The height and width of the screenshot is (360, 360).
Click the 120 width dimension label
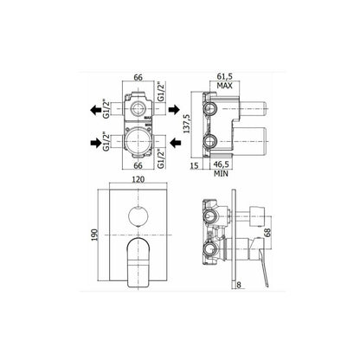[x=138, y=179]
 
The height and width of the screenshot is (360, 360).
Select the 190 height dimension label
[x=95, y=235]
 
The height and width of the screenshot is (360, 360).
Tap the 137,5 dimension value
[x=187, y=124]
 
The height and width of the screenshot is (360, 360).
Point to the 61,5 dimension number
[x=224, y=77]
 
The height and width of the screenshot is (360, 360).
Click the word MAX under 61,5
[x=224, y=86]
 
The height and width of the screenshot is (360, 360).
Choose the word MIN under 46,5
[x=221, y=174]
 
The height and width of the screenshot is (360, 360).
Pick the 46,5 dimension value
[x=221, y=164]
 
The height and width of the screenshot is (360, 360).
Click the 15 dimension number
[x=195, y=166]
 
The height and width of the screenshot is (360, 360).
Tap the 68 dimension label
[x=267, y=233]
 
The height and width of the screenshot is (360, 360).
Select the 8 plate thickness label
[x=239, y=285]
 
